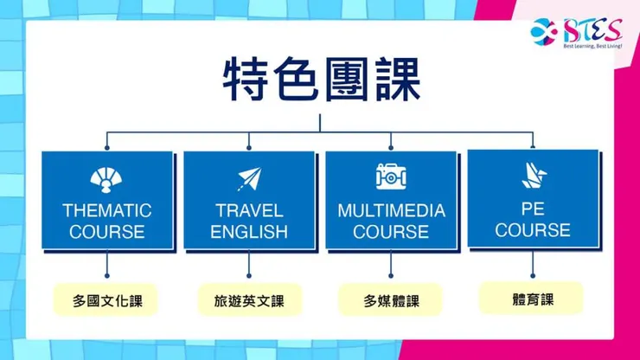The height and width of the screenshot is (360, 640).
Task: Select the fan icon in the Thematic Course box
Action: click(107, 179)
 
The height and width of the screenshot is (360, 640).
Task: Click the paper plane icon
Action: click(248, 179)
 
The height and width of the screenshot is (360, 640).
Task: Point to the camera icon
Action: click(391, 177)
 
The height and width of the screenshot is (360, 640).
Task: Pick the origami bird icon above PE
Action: click(533, 174)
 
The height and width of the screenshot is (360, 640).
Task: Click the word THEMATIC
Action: click(107, 210)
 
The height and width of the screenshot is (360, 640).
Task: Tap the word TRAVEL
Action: click(248, 210)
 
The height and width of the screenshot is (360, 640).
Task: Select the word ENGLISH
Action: click(248, 232)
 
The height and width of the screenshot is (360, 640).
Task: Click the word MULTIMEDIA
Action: click(391, 210)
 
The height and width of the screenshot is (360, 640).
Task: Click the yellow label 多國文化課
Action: click(107, 302)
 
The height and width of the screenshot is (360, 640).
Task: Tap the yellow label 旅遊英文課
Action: click(248, 302)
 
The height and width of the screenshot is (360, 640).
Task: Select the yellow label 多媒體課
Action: click(390, 302)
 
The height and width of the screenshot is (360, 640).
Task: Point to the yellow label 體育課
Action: click(532, 299)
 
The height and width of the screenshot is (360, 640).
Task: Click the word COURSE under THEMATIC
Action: click(107, 232)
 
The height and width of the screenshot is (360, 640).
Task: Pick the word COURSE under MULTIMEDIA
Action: click(391, 232)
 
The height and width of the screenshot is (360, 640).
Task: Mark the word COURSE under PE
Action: click(533, 230)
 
